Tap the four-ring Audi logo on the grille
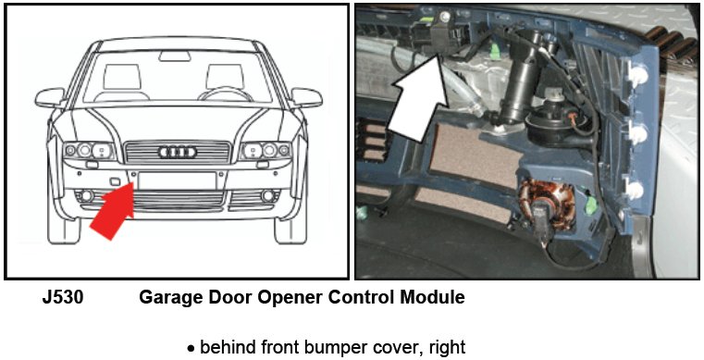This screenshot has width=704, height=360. pyautogui.click(x=178, y=152)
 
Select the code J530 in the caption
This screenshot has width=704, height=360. pyautogui.click(x=63, y=298)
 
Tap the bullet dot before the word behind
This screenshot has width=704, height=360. pyautogui.click(x=191, y=349)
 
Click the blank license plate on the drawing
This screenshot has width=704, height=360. pyautogui.click(x=178, y=180)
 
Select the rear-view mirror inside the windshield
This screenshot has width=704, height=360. pyautogui.click(x=175, y=56)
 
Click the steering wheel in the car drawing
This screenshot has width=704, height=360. pyautogui.click(x=226, y=94)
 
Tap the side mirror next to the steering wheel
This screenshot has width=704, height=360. pyautogui.click(x=306, y=97)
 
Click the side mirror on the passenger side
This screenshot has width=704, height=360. pyautogui.click(x=50, y=97)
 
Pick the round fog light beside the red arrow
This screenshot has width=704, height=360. pyautogui.click(x=86, y=195)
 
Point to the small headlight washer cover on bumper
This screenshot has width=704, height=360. pyautogui.click(x=114, y=180)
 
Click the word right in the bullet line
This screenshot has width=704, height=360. pyautogui.click(x=447, y=347)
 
